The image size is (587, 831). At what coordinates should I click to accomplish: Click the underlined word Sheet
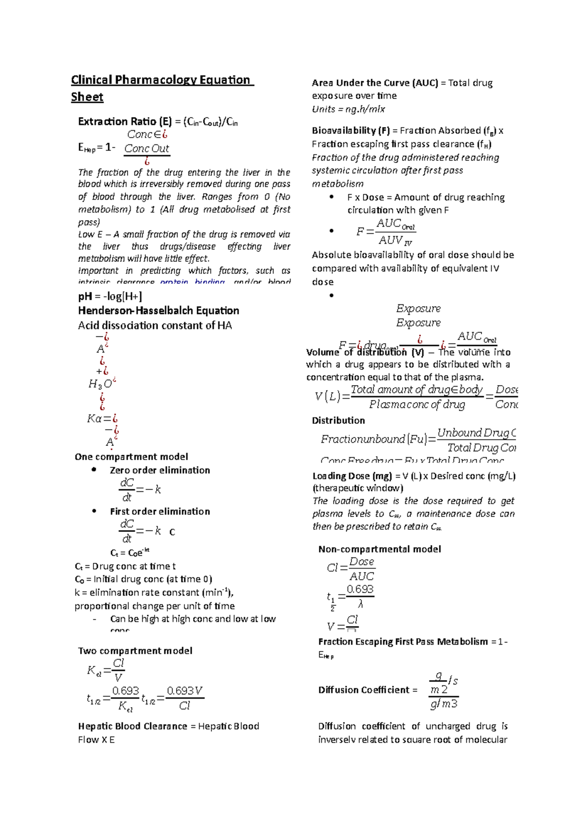click(x=87, y=97)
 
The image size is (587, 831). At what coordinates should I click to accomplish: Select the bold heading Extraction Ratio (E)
click(x=125, y=121)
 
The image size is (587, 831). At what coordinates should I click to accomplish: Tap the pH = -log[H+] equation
click(x=110, y=296)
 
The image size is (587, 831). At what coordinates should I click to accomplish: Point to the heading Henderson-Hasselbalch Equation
click(x=158, y=311)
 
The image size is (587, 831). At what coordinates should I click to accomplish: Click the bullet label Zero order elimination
click(x=159, y=470)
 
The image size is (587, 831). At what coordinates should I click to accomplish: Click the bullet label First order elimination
click(x=159, y=511)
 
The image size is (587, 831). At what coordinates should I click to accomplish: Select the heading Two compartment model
click(x=135, y=651)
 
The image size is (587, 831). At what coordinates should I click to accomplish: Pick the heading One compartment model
click(x=131, y=457)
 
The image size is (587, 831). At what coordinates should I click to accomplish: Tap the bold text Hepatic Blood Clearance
click(x=133, y=726)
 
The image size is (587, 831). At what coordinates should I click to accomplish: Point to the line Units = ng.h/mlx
click(x=348, y=109)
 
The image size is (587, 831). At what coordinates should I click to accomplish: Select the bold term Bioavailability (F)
click(x=351, y=131)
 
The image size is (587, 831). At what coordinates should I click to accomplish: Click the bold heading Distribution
click(x=339, y=420)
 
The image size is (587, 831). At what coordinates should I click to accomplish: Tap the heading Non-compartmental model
click(x=380, y=549)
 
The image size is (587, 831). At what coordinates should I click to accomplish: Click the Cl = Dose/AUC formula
click(x=351, y=569)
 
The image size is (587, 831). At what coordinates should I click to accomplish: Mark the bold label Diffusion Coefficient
click(x=364, y=690)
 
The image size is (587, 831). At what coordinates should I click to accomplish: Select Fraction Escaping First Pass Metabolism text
click(x=403, y=642)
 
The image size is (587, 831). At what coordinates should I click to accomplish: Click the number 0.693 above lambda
click(x=360, y=589)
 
